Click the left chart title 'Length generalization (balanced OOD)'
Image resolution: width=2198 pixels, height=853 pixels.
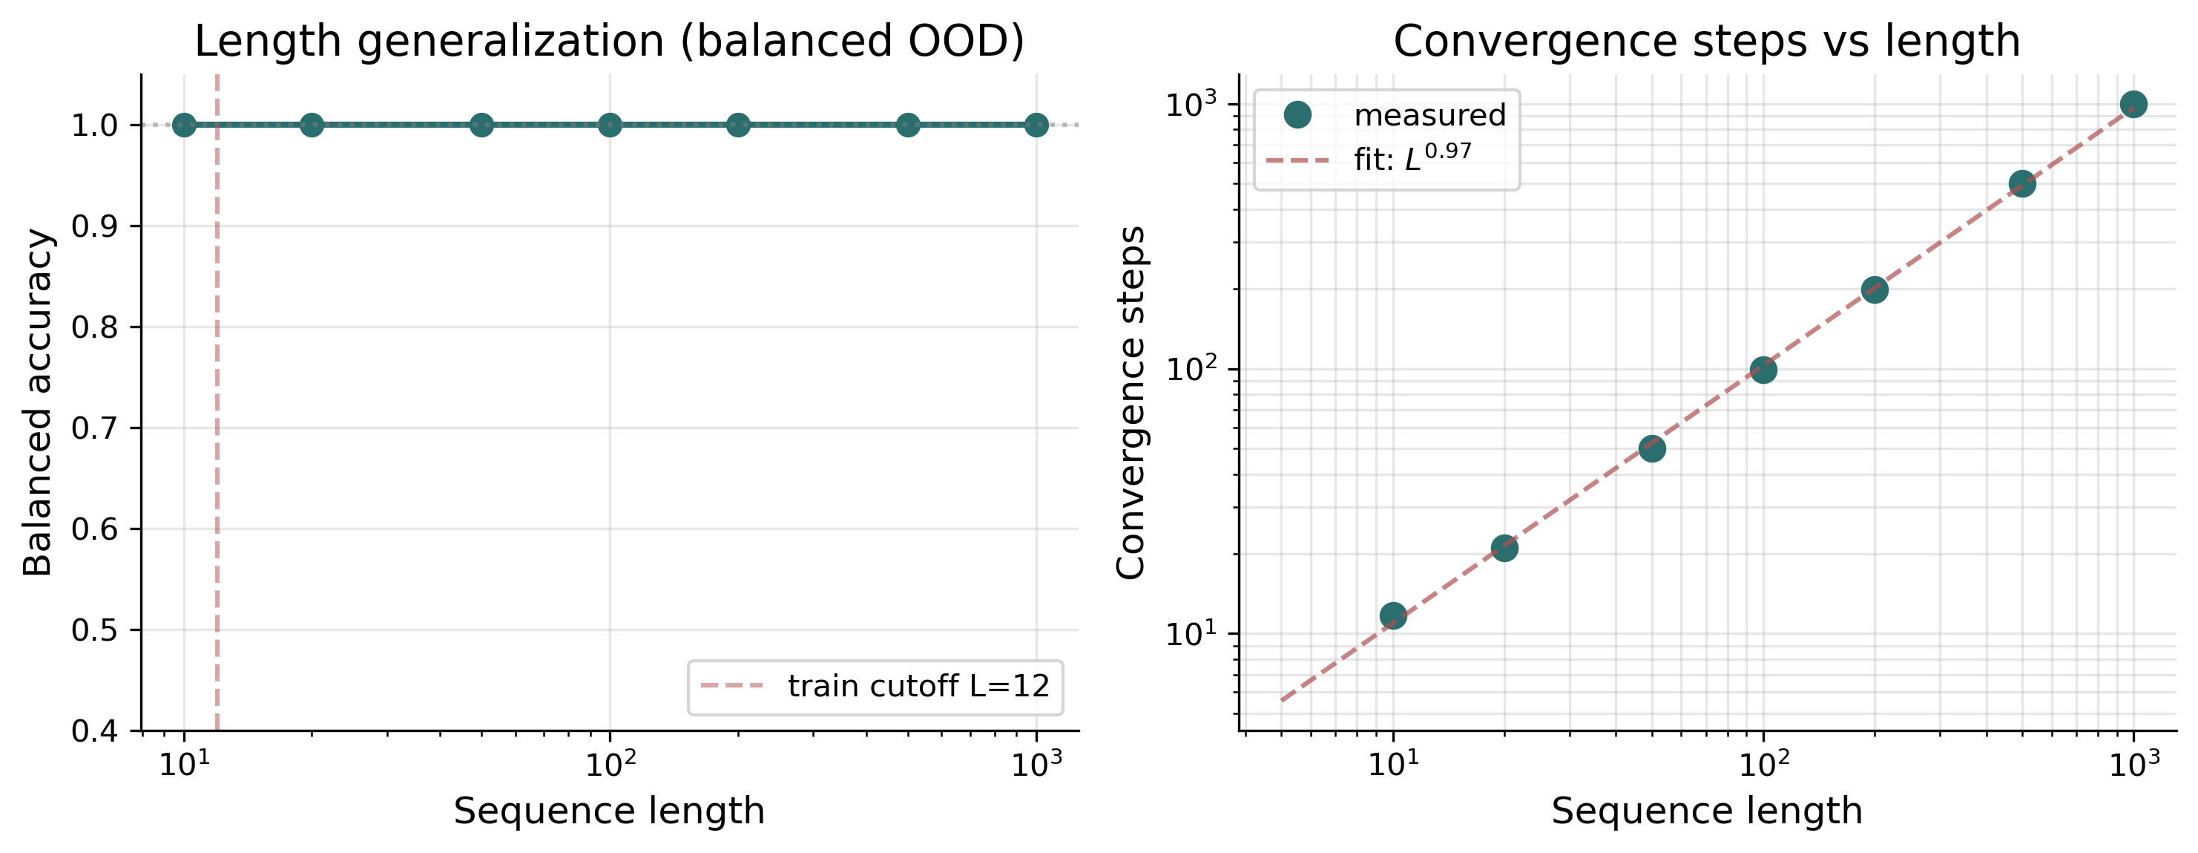pos(609,41)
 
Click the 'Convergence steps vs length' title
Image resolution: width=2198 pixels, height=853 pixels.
pos(1706,41)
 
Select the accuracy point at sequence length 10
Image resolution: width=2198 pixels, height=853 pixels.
pos(184,125)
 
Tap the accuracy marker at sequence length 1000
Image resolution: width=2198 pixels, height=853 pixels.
pos(1036,125)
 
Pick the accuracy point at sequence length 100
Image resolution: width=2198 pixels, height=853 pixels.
pos(609,125)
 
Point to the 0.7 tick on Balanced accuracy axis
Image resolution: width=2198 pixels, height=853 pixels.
pos(94,428)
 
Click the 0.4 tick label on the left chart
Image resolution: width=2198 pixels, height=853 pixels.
pos(94,731)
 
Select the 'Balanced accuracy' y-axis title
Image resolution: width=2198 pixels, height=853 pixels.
pos(38,402)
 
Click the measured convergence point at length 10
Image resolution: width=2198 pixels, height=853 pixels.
pos(1392,615)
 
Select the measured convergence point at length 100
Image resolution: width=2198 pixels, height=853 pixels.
pos(1763,370)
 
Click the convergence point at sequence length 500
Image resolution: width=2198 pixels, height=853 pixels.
pos(2022,183)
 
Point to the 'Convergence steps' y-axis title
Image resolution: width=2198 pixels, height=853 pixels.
pos(1131,402)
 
